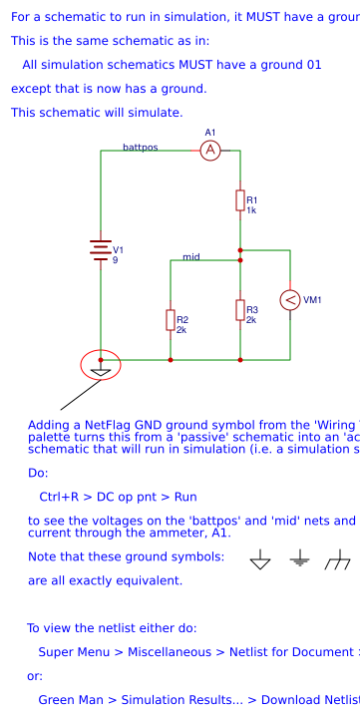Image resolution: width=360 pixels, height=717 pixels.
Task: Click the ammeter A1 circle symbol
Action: [209, 150]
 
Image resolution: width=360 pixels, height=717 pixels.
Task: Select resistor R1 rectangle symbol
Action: [240, 200]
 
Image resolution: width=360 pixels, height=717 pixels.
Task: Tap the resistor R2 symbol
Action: [171, 319]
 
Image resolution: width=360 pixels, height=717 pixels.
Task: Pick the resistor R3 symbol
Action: [240, 310]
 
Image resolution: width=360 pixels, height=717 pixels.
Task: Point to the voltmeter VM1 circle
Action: [290, 300]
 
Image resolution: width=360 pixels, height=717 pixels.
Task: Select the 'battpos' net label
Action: [140, 147]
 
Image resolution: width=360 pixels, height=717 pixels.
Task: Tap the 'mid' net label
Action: [190, 257]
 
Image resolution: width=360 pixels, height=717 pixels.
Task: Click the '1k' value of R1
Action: [251, 210]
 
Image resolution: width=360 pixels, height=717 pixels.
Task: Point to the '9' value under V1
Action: [115, 260]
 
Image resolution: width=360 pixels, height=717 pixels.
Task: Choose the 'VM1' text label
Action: [312, 300]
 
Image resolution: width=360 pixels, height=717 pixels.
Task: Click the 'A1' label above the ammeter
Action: [209, 132]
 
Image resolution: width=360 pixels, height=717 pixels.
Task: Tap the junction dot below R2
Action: [171, 359]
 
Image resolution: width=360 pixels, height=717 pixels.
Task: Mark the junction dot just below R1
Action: [240, 250]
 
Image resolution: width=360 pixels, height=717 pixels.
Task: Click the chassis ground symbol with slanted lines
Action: [337, 561]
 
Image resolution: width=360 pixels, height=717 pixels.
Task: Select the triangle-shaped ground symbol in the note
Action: [260, 561]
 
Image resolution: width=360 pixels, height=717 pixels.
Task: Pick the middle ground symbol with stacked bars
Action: [299, 561]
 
